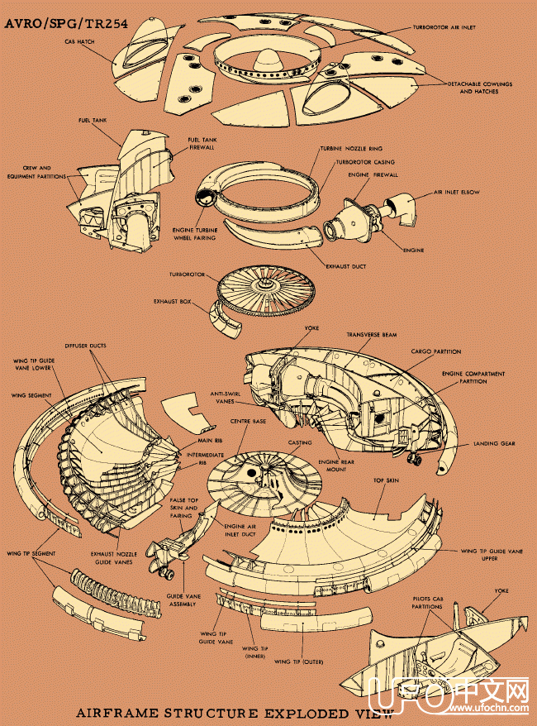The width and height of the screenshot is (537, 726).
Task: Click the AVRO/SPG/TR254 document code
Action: pyautogui.click(x=66, y=25)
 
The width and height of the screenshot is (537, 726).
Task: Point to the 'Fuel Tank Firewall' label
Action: pyautogui.click(x=203, y=144)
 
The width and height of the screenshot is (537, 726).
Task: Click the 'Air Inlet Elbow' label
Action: pyautogui.click(x=456, y=192)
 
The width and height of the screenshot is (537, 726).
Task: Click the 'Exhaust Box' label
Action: pyautogui.click(x=173, y=302)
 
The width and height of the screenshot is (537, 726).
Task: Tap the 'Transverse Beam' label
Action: pyautogui.click(x=371, y=335)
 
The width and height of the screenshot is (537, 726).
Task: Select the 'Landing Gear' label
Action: pyautogui.click(x=494, y=443)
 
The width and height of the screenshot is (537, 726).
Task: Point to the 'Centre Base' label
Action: pyautogui.click(x=248, y=422)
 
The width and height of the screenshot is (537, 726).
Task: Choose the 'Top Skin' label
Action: pyautogui.click(x=387, y=480)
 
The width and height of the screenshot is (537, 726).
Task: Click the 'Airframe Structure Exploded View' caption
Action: pyautogui.click(x=235, y=712)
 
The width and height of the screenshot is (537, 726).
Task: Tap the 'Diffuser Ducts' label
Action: pyautogui.click(x=85, y=345)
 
